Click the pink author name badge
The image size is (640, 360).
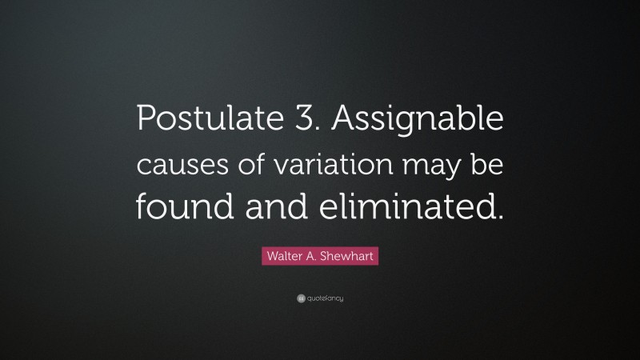click(x=320, y=257)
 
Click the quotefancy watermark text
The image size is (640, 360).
click(x=325, y=298)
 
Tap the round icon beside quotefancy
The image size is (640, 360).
click(x=300, y=298)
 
